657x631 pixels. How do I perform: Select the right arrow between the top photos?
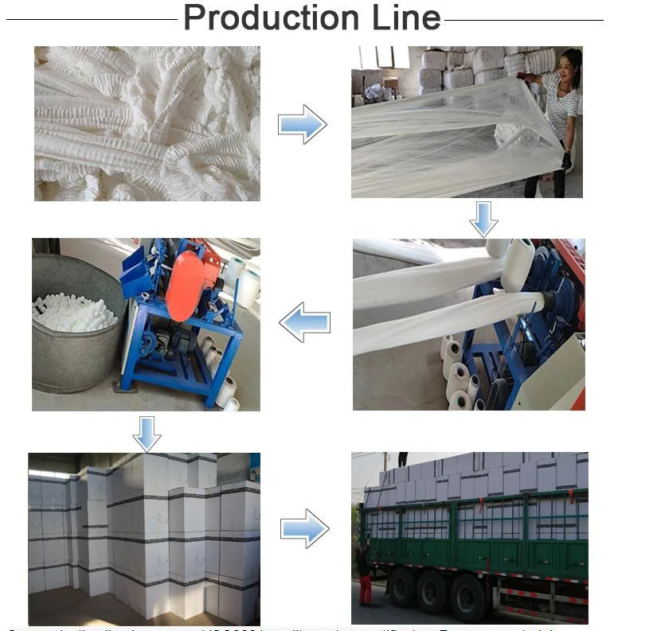click(302, 124)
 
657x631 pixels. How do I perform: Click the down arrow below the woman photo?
click(483, 218)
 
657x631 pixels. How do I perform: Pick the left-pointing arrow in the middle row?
click(304, 322)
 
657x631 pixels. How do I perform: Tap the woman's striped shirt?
click(562, 107)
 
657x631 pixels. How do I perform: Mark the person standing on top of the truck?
click(403, 459)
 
